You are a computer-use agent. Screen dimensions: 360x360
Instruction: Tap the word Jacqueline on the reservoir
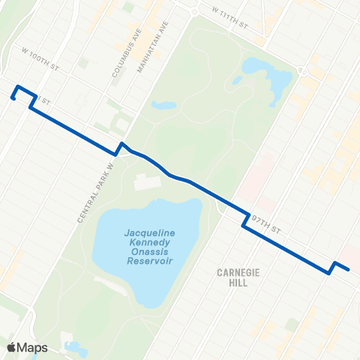(x=150, y=233)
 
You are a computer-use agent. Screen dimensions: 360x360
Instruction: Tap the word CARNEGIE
(x=238, y=273)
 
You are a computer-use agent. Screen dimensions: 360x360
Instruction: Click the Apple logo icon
(x=12, y=347)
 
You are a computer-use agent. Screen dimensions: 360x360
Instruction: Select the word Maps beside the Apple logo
(x=33, y=347)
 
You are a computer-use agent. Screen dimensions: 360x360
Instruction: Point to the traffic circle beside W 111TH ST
(x=194, y=11)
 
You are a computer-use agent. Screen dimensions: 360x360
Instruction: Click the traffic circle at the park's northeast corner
(x=303, y=70)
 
